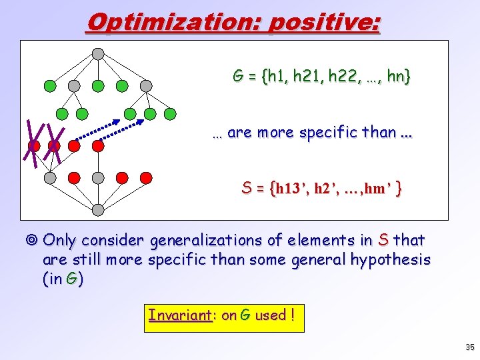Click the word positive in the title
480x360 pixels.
tap(323, 23)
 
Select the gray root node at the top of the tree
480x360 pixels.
tap(98, 53)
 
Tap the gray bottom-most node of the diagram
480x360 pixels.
tap(98, 210)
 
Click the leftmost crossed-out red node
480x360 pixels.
tap(34, 145)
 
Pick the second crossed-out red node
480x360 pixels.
tap(54, 145)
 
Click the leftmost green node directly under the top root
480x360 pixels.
tap(50, 85)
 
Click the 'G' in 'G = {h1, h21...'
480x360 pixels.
tap(237, 77)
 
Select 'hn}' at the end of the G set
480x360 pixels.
tap(399, 77)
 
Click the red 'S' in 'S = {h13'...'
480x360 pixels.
tap(246, 189)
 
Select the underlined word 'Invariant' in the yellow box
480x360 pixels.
tap(179, 315)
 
